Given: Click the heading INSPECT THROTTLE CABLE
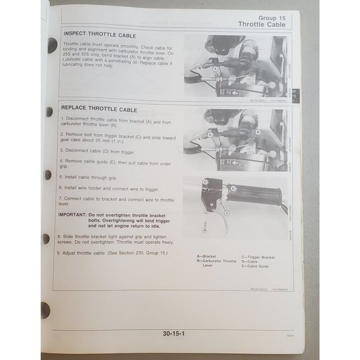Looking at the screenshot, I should (100, 35).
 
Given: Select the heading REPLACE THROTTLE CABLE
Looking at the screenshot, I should (101, 109).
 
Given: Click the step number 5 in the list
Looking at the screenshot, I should (62, 176).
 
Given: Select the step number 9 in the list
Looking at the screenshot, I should (62, 254).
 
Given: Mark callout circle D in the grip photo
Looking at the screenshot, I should (227, 213).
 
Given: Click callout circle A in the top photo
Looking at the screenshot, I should (215, 68).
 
